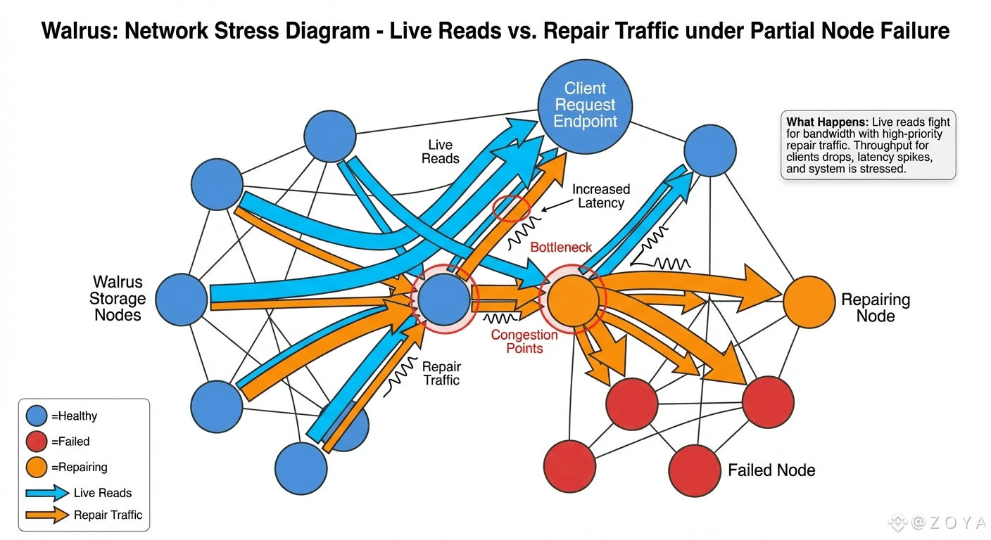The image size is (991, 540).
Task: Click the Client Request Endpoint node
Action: pos(585,105)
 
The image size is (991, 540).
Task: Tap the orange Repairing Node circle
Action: pos(809,302)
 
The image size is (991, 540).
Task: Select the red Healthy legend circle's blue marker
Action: pos(37,416)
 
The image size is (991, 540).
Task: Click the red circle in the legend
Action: pos(37,442)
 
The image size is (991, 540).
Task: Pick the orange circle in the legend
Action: pos(37,467)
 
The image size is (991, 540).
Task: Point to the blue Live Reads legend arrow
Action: pos(47,493)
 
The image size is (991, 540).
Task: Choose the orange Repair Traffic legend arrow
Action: pos(47,515)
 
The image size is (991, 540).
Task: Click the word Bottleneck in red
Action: pos(561,247)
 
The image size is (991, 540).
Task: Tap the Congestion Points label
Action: pos(524,341)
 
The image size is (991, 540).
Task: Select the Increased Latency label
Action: pos(600,196)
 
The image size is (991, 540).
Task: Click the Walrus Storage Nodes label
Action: pos(118,299)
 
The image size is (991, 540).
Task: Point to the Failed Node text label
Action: pos(771,470)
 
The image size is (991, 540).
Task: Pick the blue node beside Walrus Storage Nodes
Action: pos(182,300)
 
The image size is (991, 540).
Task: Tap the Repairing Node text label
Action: pos(876,307)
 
